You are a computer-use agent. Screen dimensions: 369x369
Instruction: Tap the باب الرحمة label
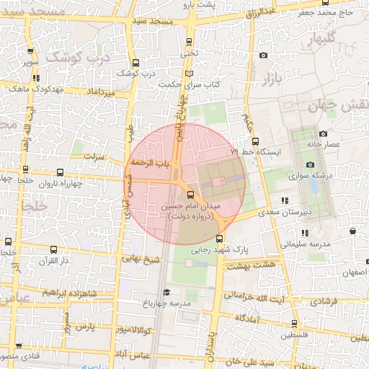151,164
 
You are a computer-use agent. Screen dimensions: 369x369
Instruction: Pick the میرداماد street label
100,93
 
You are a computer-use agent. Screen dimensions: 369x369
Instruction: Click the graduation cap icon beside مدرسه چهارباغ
166,292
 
